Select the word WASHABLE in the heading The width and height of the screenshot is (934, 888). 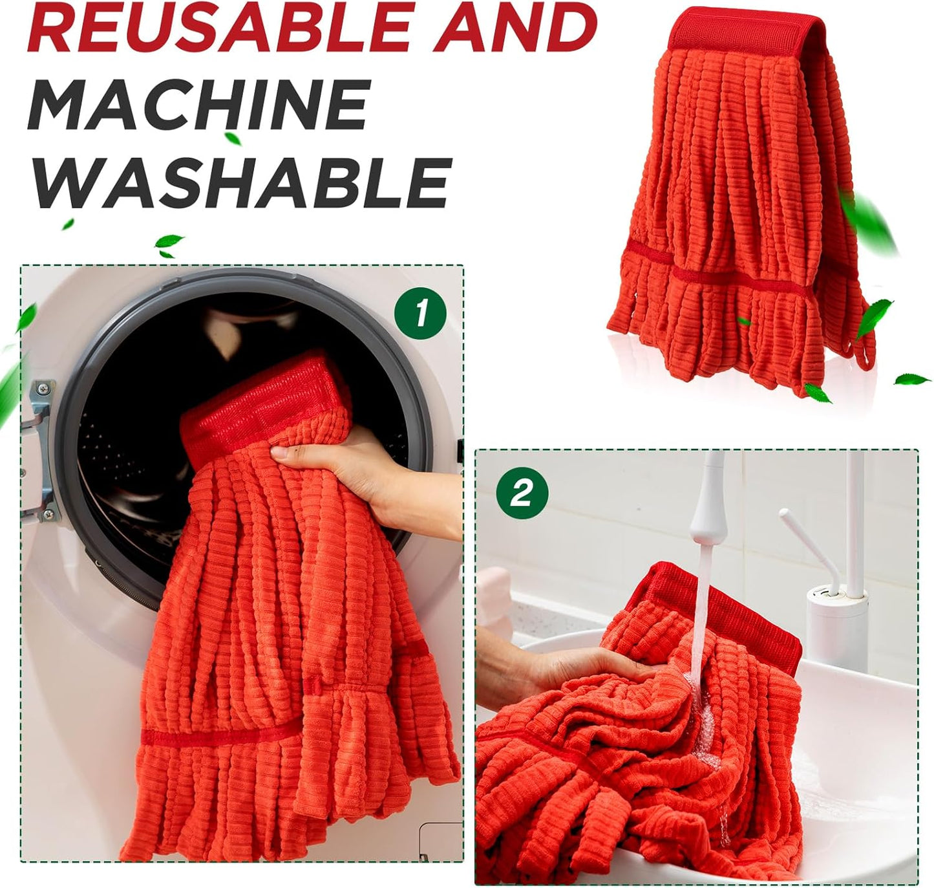coord(239,182)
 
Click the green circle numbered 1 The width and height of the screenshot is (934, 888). coord(420,313)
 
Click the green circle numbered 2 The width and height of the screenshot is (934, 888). coord(522,493)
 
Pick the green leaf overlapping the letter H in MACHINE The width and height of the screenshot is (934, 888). coord(233,138)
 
